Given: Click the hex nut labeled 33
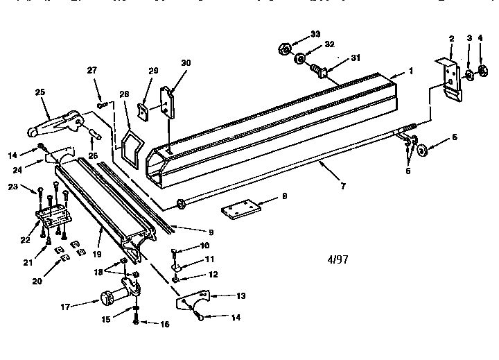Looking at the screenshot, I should pyautogui.click(x=283, y=49).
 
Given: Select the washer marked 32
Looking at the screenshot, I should pyautogui.click(x=299, y=59).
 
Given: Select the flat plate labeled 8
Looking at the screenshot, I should pyautogui.click(x=240, y=208).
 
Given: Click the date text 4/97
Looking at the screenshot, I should pyautogui.click(x=337, y=260).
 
